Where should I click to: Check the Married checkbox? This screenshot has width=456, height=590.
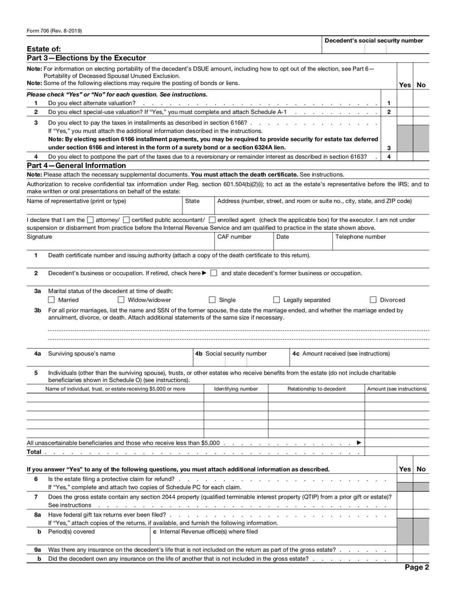(x=51, y=300)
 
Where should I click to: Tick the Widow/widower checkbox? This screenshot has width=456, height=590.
(x=121, y=300)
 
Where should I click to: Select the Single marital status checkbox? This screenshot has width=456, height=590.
(x=212, y=300)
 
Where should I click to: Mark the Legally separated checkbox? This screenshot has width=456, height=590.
(x=276, y=300)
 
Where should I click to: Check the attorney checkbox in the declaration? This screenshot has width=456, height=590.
(x=91, y=220)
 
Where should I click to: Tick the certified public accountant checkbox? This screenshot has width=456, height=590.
(x=126, y=220)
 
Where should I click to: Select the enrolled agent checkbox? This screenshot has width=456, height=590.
(x=212, y=220)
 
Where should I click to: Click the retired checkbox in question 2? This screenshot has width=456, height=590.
(x=213, y=273)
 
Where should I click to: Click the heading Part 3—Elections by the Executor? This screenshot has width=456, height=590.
(x=86, y=58)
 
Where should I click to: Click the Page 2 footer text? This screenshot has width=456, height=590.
(x=417, y=567)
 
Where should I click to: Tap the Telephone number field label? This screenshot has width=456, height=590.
(x=360, y=237)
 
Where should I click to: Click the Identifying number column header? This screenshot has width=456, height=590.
(x=235, y=389)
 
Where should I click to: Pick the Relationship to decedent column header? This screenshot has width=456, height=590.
(x=316, y=389)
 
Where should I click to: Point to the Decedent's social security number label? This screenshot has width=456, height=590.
(x=373, y=40)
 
